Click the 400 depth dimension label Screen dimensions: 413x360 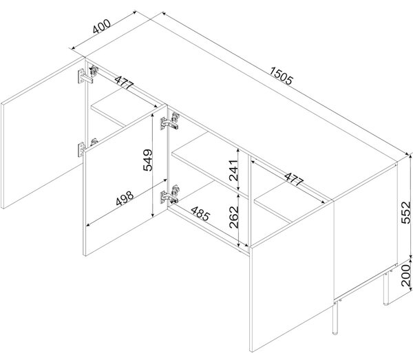102,27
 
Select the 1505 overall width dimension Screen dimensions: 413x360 282,76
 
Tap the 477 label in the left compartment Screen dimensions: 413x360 125,83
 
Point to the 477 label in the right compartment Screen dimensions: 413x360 294,180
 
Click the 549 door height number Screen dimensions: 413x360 147,160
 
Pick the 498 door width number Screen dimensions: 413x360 125,198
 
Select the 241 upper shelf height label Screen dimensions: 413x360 233,170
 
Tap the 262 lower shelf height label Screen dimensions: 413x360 233,217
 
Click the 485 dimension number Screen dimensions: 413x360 200,213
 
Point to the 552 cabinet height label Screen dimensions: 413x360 406,212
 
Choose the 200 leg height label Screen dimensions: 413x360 406,275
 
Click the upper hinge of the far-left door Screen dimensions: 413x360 87,74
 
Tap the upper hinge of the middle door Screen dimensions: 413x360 170,121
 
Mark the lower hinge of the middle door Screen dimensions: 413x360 170,194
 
